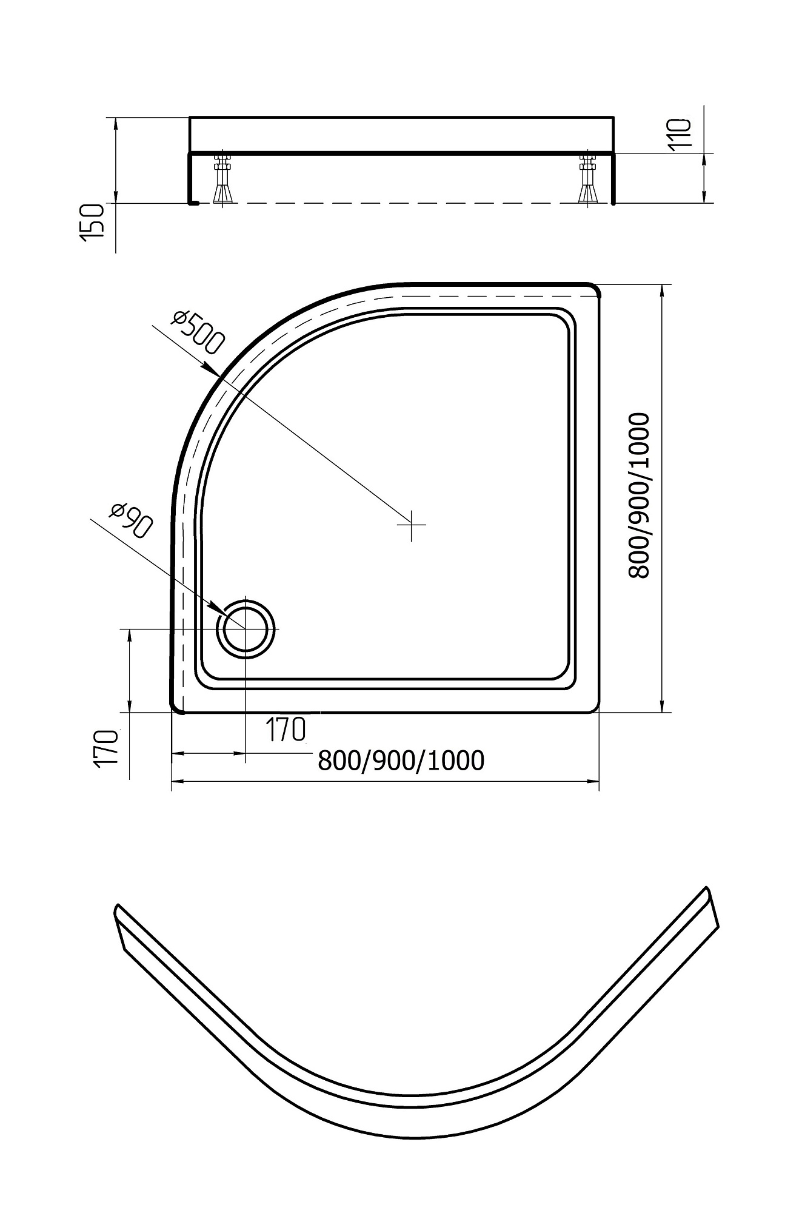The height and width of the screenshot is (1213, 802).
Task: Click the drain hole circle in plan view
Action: pyautogui.click(x=246, y=628)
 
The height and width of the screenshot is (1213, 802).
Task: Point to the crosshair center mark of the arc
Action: pyautogui.click(x=412, y=523)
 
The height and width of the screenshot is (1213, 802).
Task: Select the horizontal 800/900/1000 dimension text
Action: pyautogui.click(x=401, y=760)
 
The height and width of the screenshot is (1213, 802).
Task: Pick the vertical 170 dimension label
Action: pyautogui.click(x=106, y=750)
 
